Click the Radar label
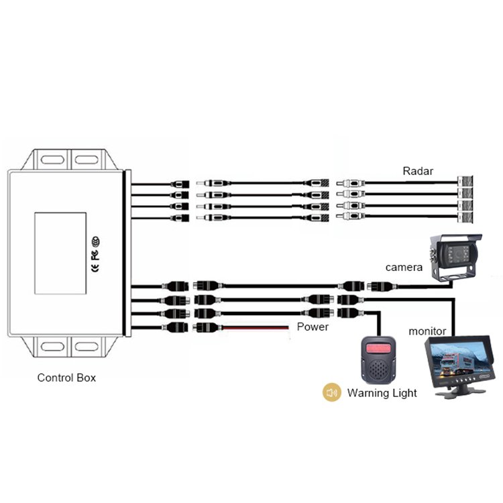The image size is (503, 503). tap(418, 171)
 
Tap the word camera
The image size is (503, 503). tap(404, 268)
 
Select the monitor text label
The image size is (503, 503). tap(427, 331)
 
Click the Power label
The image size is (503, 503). tap(313, 327)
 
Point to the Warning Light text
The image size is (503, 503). tap(382, 393)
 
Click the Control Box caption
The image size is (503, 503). tap(66, 378)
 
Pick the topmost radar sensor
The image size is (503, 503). tap(466, 182)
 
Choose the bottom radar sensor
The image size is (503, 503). tap(466, 218)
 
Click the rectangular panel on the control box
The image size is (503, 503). tap(60, 253)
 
